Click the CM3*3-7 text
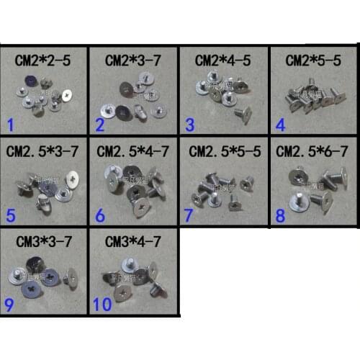click(x=42, y=240)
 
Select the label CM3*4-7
click(x=132, y=240)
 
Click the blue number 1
click(x=10, y=127)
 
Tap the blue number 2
click(x=100, y=127)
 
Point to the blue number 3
click(x=191, y=125)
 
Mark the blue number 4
click(x=281, y=124)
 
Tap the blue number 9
click(x=9, y=304)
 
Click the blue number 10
click(x=102, y=304)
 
